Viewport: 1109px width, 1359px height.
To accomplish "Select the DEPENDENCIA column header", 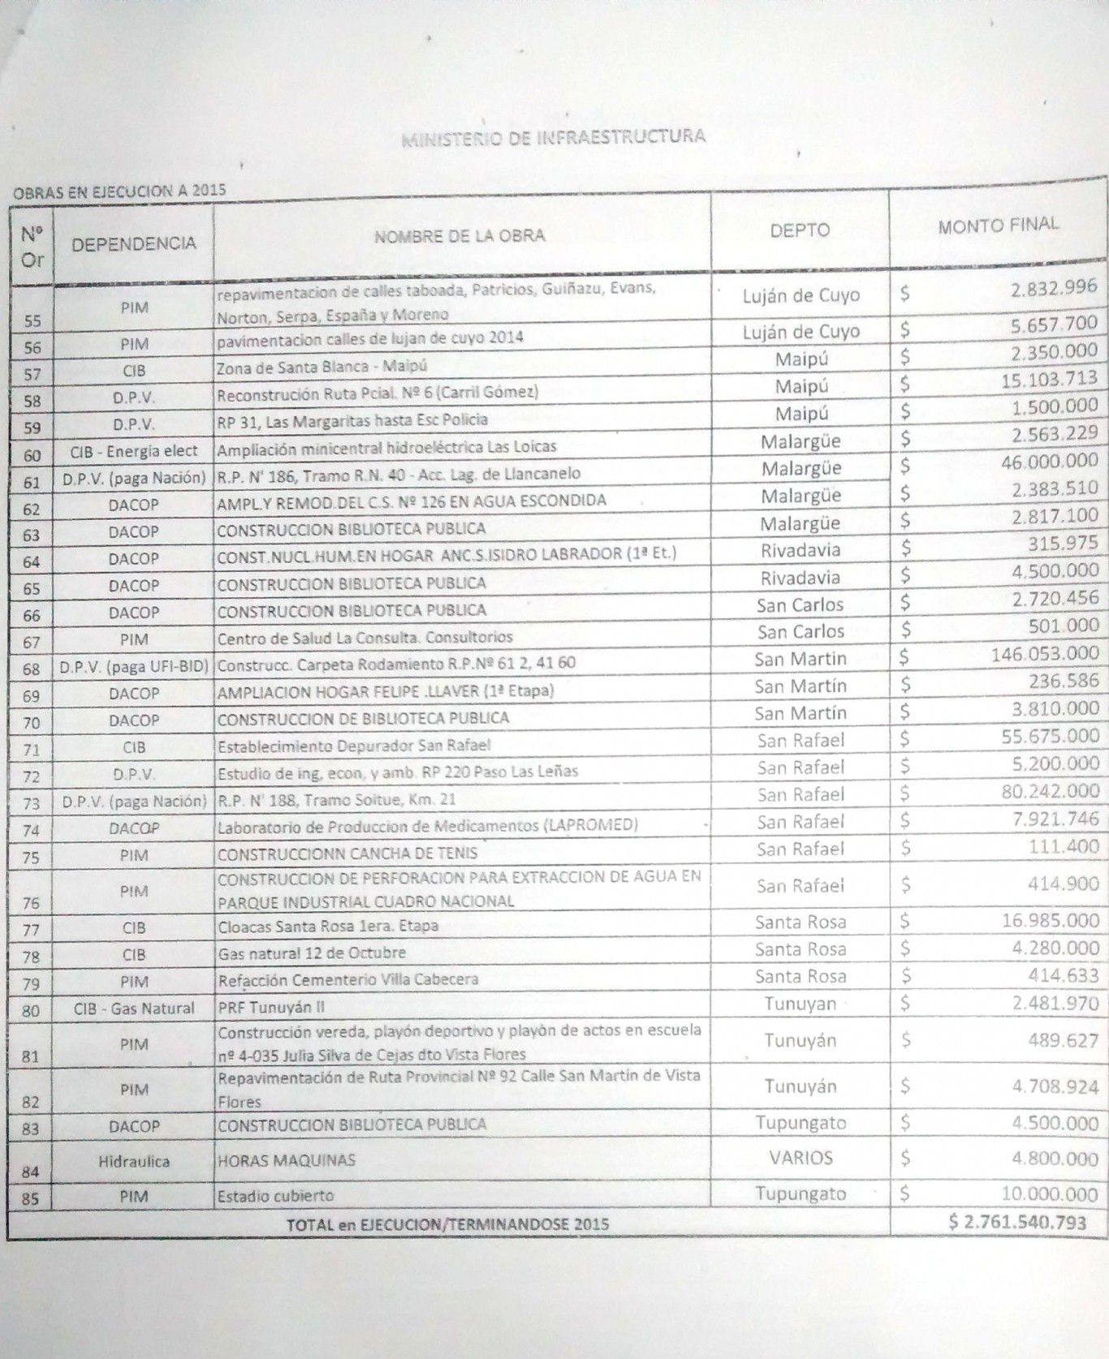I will [134, 243].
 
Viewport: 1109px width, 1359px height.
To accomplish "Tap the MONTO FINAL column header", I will [998, 225].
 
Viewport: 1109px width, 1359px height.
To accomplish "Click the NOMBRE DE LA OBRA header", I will [460, 235].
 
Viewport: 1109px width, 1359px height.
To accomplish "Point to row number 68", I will [32, 669].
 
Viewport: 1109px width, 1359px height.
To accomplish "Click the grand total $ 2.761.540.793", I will [1016, 1222].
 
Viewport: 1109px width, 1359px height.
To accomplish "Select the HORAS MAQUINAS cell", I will [286, 1160].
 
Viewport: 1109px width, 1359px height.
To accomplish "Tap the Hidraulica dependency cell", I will [134, 1161].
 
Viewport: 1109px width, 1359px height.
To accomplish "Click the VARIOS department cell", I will [800, 1158].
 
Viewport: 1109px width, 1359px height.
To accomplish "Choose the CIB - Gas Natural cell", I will [134, 1008].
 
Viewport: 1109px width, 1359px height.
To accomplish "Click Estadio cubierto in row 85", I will [275, 1196].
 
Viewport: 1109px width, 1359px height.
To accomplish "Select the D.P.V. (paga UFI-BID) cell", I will [134, 667].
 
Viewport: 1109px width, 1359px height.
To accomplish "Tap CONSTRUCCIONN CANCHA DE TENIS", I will [347, 854].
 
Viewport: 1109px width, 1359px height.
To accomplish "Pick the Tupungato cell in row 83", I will [800, 1123].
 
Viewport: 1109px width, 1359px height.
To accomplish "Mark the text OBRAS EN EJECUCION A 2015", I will [118, 191].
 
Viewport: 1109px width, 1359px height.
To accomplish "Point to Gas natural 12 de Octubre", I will [311, 953].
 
